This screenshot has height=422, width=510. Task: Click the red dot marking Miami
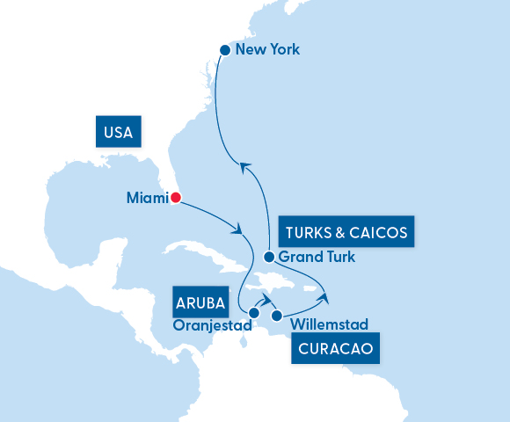(x=175, y=198)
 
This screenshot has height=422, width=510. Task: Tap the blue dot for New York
(x=225, y=50)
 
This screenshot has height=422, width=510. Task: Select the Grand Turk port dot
(x=269, y=258)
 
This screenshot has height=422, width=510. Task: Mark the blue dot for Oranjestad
(x=254, y=312)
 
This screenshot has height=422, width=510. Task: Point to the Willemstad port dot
(x=277, y=316)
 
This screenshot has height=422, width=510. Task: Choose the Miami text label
(x=146, y=199)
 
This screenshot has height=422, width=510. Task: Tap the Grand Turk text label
(x=317, y=258)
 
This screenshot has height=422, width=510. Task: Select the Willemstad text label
(x=329, y=324)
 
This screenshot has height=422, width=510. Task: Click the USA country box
(x=118, y=133)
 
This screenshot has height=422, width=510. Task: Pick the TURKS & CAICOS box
(x=346, y=232)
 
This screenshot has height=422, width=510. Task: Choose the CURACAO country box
(x=336, y=349)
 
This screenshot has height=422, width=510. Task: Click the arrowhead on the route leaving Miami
(x=237, y=229)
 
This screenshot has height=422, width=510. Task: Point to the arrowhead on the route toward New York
(x=246, y=167)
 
